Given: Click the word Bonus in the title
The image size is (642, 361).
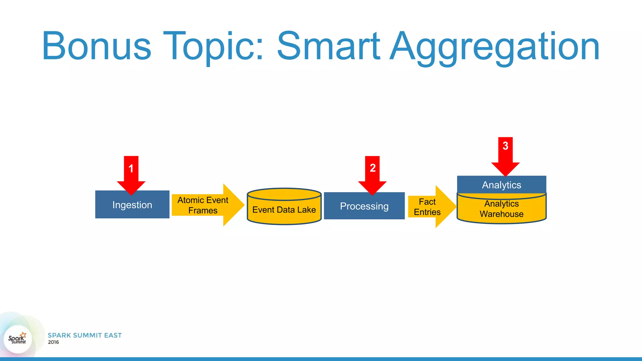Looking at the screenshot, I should click(x=97, y=46).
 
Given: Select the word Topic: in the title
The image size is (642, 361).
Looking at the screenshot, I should click(x=213, y=46).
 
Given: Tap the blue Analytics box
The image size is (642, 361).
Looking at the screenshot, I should click(x=501, y=185).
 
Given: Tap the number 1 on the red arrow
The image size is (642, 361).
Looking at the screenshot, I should click(x=131, y=169).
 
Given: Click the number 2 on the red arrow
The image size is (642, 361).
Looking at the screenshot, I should click(x=372, y=168).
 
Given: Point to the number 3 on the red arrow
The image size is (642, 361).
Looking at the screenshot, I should click(x=505, y=146).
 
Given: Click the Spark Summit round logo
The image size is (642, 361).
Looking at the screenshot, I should click(x=18, y=339).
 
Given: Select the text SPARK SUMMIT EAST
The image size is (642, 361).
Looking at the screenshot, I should click(x=85, y=335).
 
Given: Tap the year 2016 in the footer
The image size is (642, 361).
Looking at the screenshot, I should click(x=53, y=342).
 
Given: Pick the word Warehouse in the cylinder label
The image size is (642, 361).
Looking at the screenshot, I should click(x=501, y=214).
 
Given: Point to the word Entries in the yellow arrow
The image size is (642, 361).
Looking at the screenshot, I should click(x=427, y=212).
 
